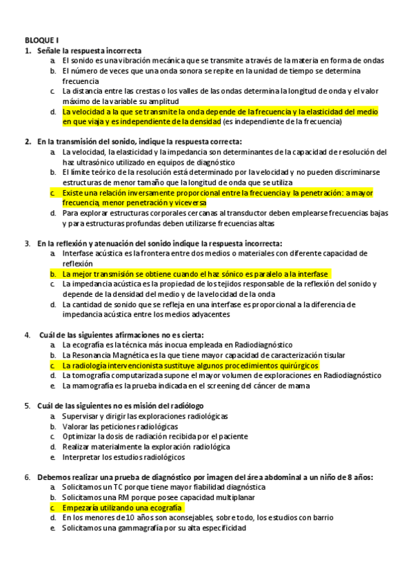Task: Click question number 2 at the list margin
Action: click(28, 141)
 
